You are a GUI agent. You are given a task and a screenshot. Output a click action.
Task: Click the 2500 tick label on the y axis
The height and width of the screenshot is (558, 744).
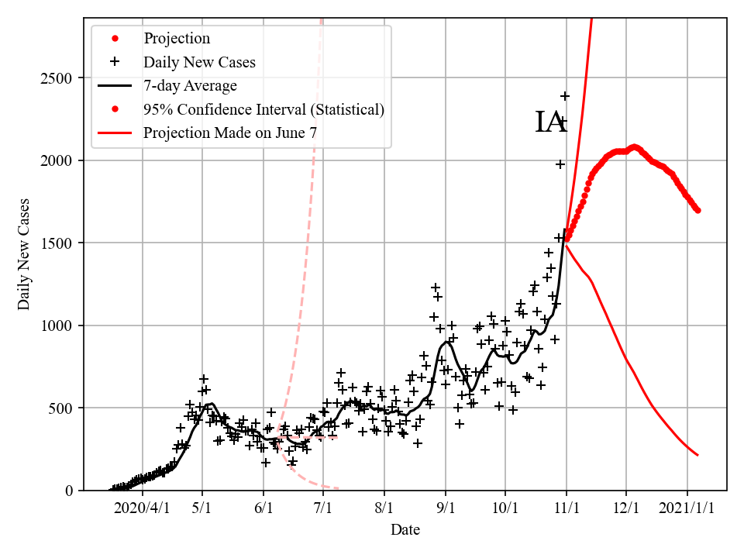(59, 78)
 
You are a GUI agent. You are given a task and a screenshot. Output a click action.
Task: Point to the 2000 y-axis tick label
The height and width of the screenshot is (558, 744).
(59, 160)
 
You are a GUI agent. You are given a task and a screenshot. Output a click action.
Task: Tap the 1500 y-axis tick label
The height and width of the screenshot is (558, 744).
(59, 243)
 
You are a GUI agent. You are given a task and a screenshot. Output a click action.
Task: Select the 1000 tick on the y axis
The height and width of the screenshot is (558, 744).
(59, 325)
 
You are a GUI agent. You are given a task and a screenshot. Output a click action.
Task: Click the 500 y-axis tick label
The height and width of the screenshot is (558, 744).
(63, 408)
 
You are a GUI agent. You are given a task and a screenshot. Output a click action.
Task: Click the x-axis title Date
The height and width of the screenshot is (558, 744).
(405, 530)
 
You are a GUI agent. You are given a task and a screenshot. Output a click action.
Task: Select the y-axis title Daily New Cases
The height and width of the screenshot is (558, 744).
(24, 254)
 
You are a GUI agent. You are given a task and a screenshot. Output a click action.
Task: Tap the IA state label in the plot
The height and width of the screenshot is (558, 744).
(550, 122)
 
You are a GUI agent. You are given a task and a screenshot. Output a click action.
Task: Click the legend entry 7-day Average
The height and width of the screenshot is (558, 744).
(190, 85)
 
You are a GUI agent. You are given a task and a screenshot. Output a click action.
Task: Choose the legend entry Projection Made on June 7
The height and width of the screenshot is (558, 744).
(229, 133)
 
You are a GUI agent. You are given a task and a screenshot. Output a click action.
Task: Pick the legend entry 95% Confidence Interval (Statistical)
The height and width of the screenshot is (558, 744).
(263, 109)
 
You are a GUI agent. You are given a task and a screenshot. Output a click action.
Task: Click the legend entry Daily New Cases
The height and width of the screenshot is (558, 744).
(199, 62)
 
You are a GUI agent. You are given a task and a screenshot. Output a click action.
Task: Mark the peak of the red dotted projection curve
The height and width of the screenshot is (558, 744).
(635, 146)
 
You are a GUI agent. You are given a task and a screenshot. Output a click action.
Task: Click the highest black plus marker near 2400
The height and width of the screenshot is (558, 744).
(566, 96)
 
